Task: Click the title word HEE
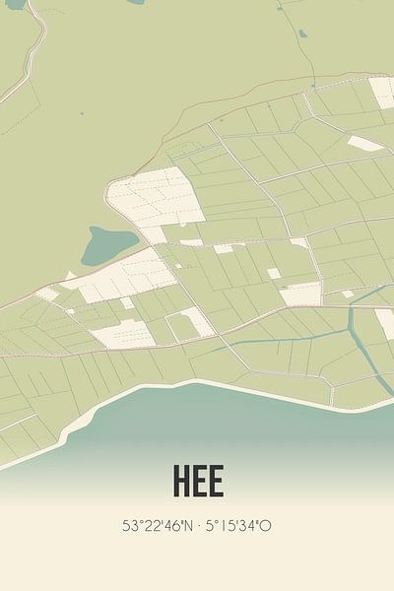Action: pyautogui.click(x=197, y=481)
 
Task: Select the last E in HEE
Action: pyautogui.click(x=216, y=481)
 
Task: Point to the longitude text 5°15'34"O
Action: pyautogui.click(x=238, y=526)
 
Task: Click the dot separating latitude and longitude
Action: pyautogui.click(x=198, y=526)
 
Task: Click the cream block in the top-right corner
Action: pyautogui.click(x=382, y=92)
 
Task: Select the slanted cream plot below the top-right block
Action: pyautogui.click(x=365, y=144)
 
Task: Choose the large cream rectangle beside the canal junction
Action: pyautogui.click(x=301, y=294)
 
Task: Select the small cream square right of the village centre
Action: pyautogui.click(x=273, y=274)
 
